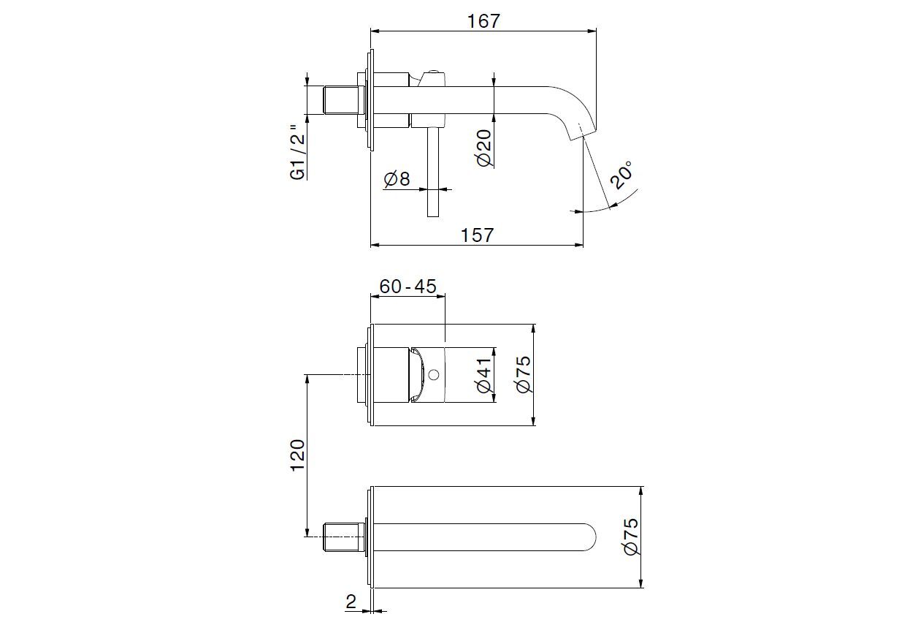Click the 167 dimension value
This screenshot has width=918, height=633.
tap(483, 21)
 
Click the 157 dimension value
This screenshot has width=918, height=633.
tap(478, 235)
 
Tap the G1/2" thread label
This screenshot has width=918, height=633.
tap(297, 152)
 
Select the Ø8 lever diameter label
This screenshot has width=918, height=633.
tap(397, 178)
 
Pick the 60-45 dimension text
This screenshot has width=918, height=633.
tap(408, 287)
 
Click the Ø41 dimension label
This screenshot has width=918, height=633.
tap(485, 376)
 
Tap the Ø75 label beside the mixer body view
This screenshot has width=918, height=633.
tap(524, 374)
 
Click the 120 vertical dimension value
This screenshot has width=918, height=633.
tap(297, 456)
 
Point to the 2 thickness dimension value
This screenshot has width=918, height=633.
tap(351, 602)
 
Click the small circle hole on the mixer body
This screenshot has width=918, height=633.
tap(434, 376)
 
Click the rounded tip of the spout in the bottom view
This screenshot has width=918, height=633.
tap(590, 537)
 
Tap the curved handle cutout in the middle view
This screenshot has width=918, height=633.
tap(417, 375)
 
